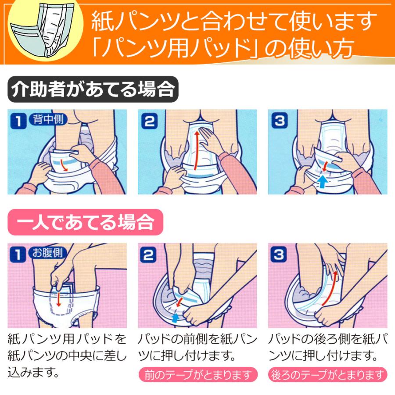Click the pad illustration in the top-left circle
42,27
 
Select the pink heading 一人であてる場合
86,223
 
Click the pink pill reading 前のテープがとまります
197,375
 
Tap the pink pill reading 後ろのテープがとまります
328,375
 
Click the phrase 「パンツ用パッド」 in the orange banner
176,49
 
